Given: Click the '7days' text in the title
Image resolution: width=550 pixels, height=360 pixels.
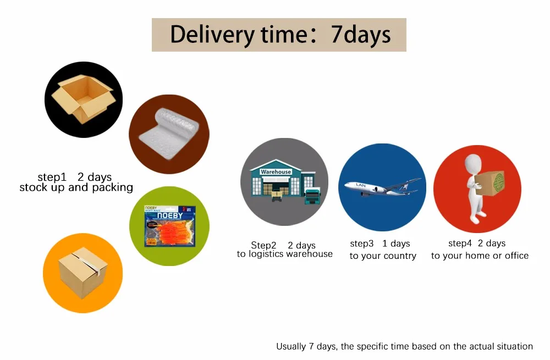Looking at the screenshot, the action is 361,35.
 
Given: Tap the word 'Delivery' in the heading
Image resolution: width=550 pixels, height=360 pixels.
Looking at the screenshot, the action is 212,35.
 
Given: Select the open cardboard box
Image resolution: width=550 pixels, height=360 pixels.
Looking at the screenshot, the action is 84,99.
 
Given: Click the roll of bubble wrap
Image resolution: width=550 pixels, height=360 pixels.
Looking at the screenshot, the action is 169,134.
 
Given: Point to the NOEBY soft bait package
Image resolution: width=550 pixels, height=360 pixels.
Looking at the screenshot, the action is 170,226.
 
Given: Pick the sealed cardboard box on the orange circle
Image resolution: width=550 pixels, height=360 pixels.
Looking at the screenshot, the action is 83,273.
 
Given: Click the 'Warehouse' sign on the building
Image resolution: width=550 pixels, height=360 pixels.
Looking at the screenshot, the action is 276,172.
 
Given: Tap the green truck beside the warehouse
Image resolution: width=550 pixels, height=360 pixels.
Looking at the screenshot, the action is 312,197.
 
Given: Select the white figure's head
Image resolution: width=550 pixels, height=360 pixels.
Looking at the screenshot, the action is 474,163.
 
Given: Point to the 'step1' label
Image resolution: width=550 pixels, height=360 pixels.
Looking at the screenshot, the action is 52,177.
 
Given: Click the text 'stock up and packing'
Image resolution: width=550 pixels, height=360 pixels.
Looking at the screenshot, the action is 76,187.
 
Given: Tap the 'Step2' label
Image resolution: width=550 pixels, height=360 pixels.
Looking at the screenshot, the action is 263,245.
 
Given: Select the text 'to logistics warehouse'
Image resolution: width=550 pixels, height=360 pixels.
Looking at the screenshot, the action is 284,254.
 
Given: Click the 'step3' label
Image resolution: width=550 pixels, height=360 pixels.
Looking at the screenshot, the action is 362,243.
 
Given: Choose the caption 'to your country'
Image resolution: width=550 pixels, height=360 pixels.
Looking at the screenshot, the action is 383,256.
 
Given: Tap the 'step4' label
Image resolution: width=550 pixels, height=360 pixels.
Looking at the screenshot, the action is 460,243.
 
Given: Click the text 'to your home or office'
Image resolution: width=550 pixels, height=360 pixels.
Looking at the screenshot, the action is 480,256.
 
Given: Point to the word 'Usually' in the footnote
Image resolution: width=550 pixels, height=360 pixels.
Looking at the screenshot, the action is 291,346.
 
